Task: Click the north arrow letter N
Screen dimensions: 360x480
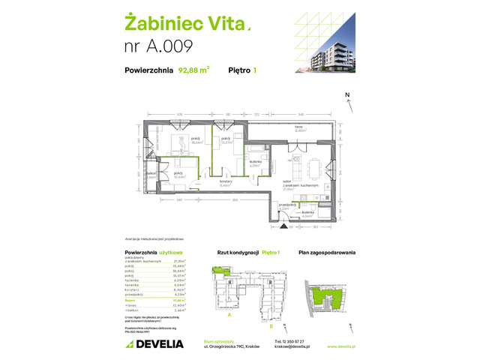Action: pos(346,95)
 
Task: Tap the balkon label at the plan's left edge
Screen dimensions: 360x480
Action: pos(151,174)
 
